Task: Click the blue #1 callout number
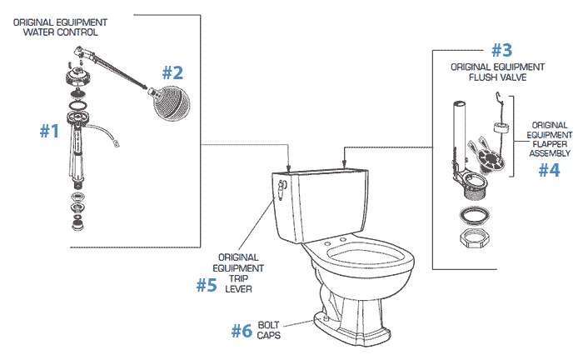click(x=50, y=131)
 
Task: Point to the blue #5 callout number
click(x=207, y=285)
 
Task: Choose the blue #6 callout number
click(x=242, y=330)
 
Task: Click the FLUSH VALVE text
click(x=497, y=77)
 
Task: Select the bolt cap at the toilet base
click(x=318, y=317)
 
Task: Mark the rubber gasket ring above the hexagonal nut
click(x=471, y=217)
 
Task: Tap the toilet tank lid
click(x=321, y=172)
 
